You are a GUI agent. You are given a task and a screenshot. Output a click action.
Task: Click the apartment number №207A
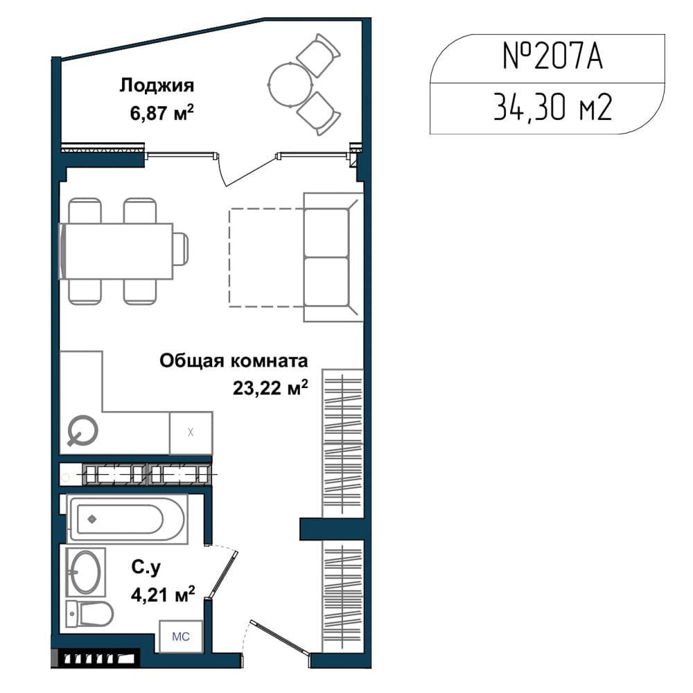tap(552, 56)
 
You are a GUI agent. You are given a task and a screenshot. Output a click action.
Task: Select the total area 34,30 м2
tap(552, 107)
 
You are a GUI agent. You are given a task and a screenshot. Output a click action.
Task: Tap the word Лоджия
tap(157, 85)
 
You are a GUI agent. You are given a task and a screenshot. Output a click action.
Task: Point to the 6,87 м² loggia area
tap(161, 113)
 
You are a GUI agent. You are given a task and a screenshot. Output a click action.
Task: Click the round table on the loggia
tap(290, 85)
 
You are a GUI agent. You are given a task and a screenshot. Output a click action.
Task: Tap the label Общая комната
tap(234, 360)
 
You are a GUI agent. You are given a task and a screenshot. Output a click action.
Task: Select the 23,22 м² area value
tap(270, 387)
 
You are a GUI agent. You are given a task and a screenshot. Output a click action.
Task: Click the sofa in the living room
tap(333, 257)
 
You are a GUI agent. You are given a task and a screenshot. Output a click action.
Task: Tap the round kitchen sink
tap(82, 430)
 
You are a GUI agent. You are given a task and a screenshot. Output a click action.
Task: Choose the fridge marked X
tap(191, 432)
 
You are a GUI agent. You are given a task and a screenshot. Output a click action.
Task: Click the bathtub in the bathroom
tap(128, 519)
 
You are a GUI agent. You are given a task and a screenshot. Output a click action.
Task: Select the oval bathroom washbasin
tap(86, 573)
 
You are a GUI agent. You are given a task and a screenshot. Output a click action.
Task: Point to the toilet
tap(89, 614)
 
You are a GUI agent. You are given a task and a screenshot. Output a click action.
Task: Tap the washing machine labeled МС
tap(181, 636)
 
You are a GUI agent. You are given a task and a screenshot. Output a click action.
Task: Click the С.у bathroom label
tap(146, 568)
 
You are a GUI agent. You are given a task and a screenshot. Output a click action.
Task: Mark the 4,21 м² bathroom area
tap(163, 595)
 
